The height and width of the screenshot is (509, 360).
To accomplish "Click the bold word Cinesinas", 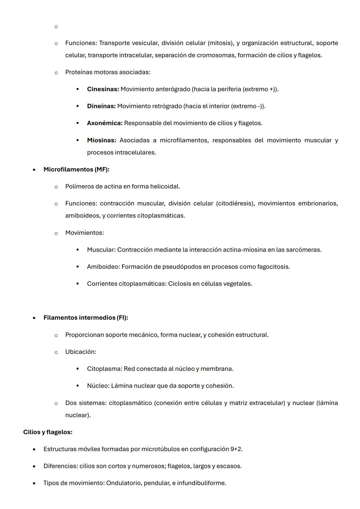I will pos(103,89).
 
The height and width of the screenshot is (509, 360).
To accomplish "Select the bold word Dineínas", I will pos(101,106).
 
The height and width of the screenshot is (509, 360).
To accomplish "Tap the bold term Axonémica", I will pos(105,123).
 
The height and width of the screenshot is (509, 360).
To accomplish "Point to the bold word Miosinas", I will pos(101,140).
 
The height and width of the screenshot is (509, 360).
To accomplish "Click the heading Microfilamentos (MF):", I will pos(76,169).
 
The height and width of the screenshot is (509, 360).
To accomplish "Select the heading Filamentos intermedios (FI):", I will pos(86,318).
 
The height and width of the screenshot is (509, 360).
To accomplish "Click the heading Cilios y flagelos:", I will pos(48,432).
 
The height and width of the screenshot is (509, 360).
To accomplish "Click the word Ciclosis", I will pos(180,284).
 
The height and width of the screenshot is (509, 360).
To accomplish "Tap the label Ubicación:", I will pos(81,352).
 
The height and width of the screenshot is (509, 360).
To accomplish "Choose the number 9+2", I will pos(236,449).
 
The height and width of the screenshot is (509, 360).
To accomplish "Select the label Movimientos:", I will pos(84,233).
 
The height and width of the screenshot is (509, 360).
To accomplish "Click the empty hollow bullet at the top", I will pos(56,27).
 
